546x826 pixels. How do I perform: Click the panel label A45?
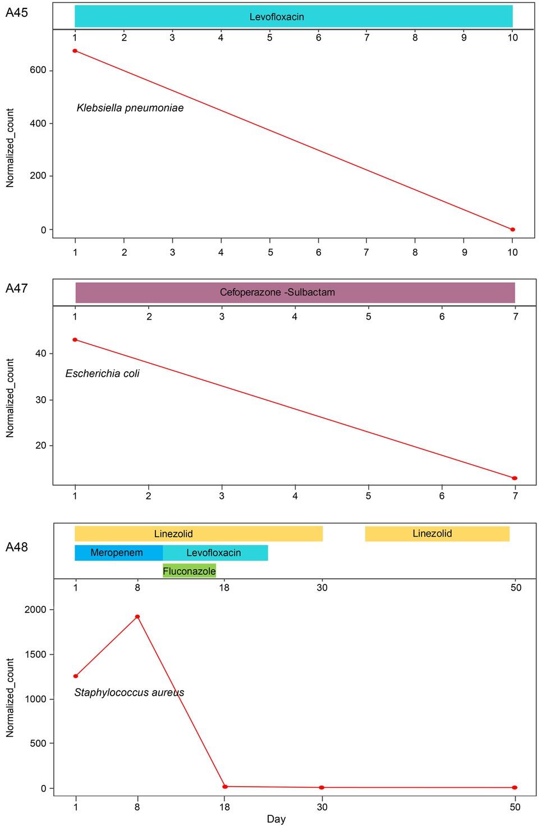coord(16,13)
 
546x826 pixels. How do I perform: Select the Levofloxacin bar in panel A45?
coord(293,16)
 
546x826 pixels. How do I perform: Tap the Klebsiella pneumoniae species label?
coord(130,108)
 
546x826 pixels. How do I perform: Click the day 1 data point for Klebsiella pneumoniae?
coord(75,51)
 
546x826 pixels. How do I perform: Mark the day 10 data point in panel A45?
coord(512,229)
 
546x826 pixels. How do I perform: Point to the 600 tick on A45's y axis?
coord(42,71)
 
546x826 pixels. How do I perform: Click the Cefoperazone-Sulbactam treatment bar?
coord(295,292)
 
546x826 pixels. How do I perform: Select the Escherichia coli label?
coord(102,374)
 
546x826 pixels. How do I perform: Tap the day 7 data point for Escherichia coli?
coord(515,478)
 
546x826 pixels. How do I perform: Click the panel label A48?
coord(16,547)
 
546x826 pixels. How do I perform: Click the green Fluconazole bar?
coord(189,571)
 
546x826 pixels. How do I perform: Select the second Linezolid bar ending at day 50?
coord(437,534)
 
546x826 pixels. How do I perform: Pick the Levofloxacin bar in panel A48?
coord(215,553)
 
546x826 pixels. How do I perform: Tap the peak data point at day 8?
coord(137,616)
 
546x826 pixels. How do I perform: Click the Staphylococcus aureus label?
coord(129,693)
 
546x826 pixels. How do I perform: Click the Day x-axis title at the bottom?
coord(276,819)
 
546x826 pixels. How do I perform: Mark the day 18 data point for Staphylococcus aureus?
coord(225,786)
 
